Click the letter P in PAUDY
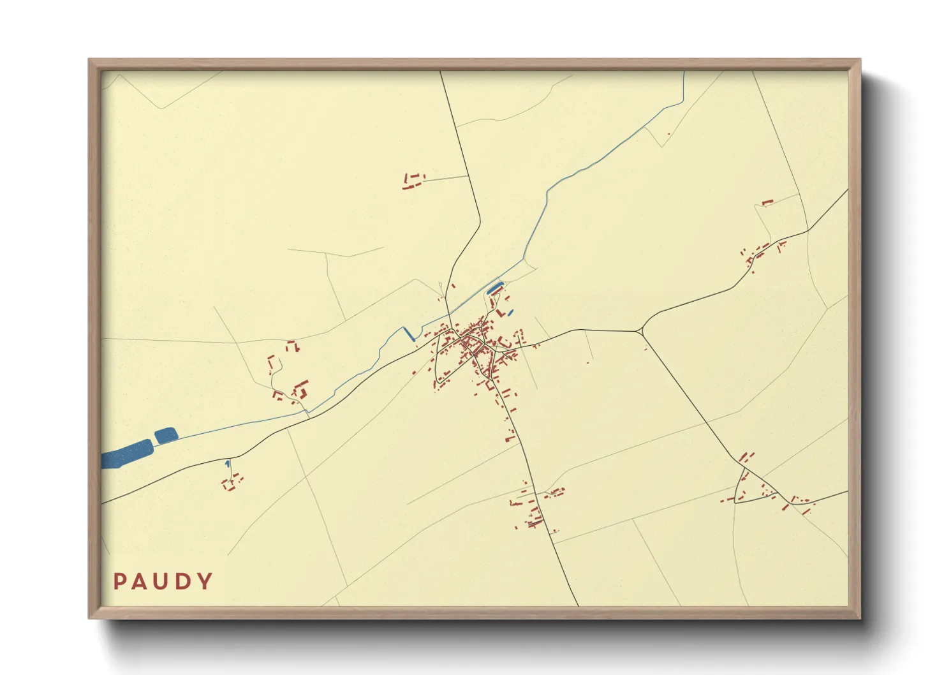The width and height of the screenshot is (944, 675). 119,581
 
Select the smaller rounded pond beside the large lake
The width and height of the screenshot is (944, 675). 166,435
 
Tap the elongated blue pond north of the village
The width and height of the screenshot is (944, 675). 495,288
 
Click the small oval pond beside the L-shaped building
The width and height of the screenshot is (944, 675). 510,313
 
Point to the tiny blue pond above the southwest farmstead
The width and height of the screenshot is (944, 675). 227,463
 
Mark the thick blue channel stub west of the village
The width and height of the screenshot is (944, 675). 408,333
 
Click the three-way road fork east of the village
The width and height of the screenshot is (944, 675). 640,331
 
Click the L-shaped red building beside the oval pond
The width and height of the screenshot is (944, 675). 499,313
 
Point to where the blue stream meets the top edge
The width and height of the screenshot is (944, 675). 684,72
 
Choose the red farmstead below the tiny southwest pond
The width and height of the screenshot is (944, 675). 232,482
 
